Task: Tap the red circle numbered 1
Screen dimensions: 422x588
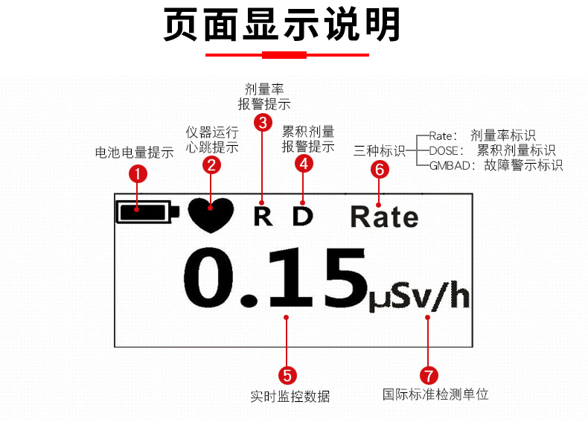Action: click(138, 175)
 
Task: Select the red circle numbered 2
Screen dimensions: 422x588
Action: click(213, 165)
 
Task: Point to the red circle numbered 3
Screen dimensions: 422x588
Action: click(262, 123)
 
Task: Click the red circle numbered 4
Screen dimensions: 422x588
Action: click(303, 164)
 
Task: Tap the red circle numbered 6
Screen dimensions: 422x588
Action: click(380, 170)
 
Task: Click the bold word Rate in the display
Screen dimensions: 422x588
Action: click(384, 217)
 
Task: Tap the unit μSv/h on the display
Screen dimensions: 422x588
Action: click(420, 297)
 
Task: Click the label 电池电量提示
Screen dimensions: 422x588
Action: click(135, 153)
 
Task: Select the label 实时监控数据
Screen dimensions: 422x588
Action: click(290, 396)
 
